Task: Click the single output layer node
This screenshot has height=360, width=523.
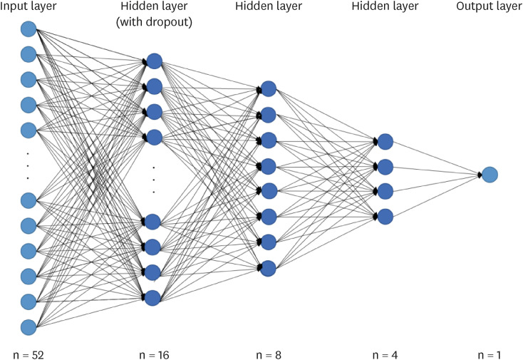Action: [x=489, y=174]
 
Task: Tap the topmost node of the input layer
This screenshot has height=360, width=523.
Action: [x=29, y=29]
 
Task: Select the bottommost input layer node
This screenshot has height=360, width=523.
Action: [x=29, y=327]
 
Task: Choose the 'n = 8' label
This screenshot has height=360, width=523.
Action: [x=268, y=354]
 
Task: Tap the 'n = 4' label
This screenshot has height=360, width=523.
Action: [x=385, y=354]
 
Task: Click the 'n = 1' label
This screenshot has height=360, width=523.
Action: [x=489, y=354]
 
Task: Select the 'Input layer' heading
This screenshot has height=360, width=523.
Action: [x=29, y=7]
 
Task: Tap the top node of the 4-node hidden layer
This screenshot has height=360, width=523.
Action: [x=385, y=141]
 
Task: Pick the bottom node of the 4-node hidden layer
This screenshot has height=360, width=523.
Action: [x=385, y=216]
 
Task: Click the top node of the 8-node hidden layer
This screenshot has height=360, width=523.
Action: [x=269, y=89]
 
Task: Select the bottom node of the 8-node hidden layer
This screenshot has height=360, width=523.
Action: [x=269, y=268]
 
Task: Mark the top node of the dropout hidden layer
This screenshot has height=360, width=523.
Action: [x=154, y=61]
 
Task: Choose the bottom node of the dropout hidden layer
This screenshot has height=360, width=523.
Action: [x=152, y=297]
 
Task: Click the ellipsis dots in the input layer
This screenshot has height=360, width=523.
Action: [x=28, y=165]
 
